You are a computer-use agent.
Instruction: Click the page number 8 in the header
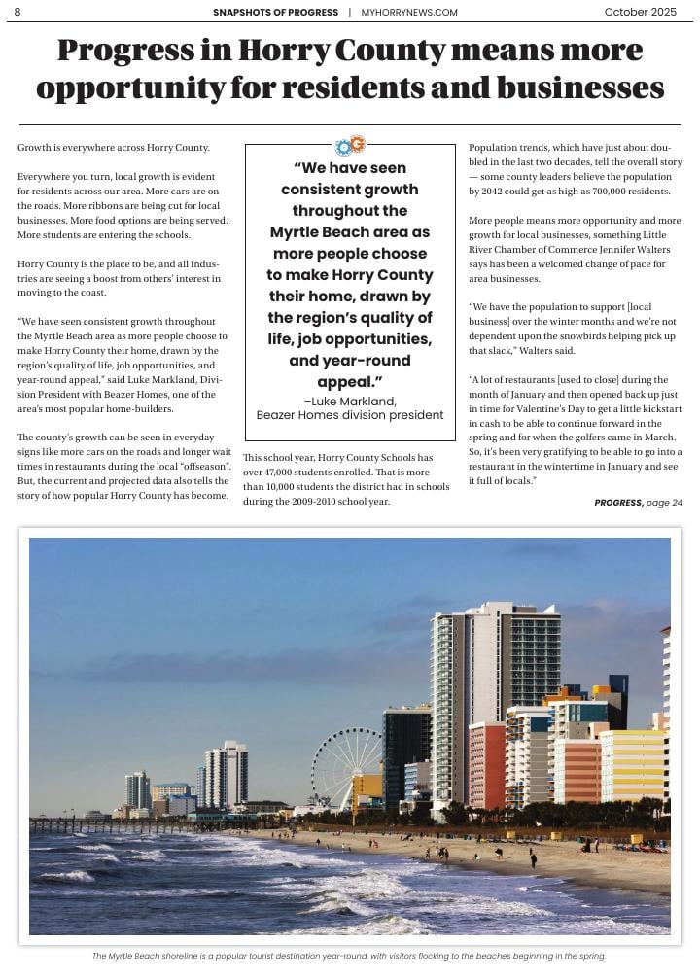17,12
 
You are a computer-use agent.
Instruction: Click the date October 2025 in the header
640,12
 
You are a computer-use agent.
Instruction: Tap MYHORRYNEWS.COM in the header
408,12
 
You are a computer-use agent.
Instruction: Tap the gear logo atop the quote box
350,146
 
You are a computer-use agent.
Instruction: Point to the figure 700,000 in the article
604,192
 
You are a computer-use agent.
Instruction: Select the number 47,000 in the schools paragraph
284,472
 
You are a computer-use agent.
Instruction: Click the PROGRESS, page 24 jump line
638,503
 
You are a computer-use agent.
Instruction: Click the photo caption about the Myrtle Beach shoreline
349,957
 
